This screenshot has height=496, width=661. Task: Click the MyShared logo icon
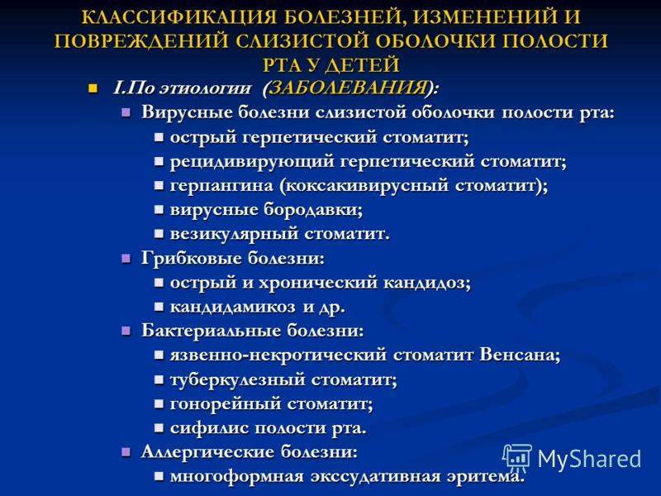517,458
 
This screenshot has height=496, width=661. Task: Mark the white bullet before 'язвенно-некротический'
159,356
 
